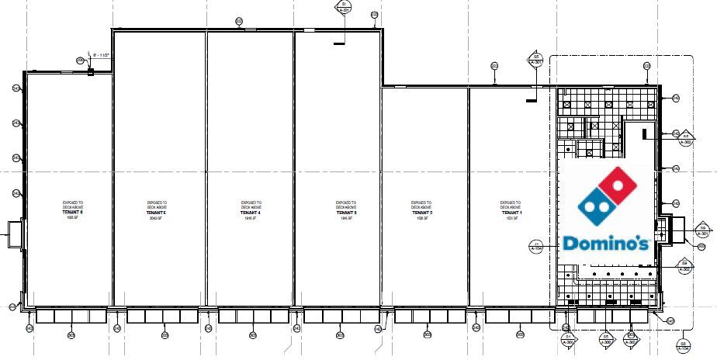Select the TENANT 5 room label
point(158,212)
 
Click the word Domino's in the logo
point(605,244)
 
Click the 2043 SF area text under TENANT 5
point(158,218)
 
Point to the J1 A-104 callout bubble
point(537,247)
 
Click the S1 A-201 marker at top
point(344,7)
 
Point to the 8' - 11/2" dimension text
point(102,56)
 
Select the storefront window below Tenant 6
point(71,317)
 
